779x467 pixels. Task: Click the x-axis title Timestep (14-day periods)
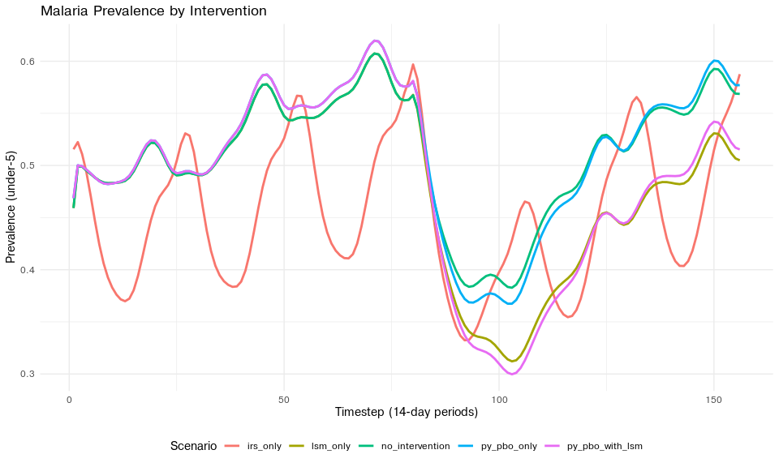coord(406,413)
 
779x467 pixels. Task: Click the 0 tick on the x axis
coord(69,400)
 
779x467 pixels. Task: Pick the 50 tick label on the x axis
coord(284,400)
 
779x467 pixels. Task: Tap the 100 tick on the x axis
coord(499,400)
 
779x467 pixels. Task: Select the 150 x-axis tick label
coord(714,400)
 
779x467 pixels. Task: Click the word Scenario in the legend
coord(193,446)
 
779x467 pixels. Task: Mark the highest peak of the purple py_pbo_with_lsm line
coord(375,41)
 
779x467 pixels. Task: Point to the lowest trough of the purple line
coord(511,374)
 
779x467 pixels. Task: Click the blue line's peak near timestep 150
coord(715,61)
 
